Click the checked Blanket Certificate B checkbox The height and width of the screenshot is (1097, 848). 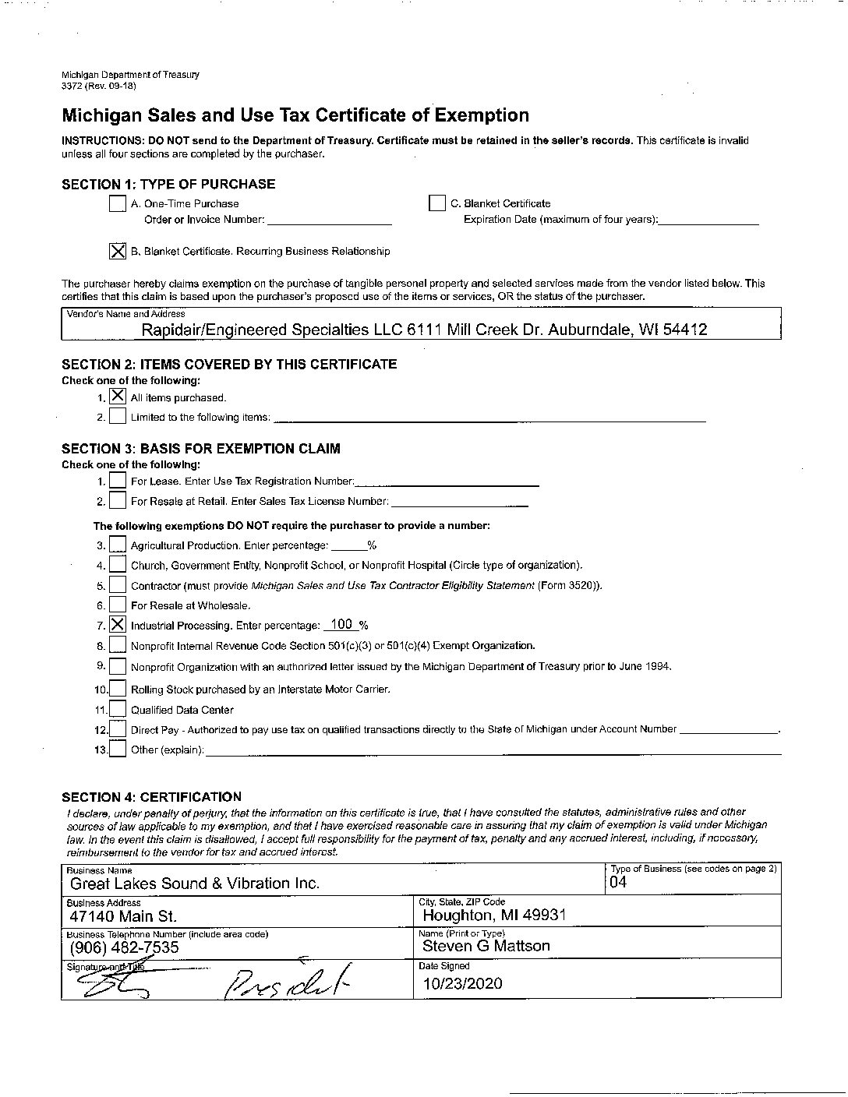[118, 251]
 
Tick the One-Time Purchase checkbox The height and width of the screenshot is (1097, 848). [118, 204]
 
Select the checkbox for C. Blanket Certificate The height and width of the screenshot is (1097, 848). [436, 203]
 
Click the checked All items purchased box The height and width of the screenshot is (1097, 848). [118, 397]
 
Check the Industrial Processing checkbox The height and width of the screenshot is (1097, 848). [118, 624]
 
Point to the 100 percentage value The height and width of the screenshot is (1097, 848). [341, 624]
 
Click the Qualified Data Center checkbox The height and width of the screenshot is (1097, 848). [118, 709]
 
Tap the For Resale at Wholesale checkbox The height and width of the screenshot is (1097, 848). [118, 605]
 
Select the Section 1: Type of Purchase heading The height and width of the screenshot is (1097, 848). [168, 184]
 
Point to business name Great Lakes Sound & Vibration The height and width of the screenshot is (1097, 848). [195, 884]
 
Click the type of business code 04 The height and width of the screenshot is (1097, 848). [618, 883]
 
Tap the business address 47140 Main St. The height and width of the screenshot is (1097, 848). [123, 916]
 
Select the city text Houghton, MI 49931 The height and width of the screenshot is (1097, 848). [494, 915]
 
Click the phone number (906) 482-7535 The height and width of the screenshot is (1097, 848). [124, 947]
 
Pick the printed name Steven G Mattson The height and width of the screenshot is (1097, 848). [486, 946]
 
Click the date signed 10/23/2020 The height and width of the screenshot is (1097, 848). [462, 983]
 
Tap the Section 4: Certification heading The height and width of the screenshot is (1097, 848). [151, 796]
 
